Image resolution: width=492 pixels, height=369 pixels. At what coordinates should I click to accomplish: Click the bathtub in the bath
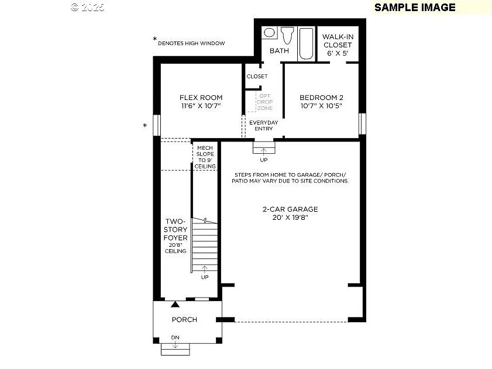[x=307, y=43]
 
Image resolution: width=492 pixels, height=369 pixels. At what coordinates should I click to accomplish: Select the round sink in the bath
[x=270, y=33]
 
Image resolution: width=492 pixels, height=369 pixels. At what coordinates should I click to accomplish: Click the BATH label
[x=279, y=51]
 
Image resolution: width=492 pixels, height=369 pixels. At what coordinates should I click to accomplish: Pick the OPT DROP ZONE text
[x=265, y=102]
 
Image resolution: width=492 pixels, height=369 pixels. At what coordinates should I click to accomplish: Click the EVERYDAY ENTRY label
[x=263, y=126]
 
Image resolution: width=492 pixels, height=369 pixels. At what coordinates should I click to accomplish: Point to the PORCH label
[x=184, y=320]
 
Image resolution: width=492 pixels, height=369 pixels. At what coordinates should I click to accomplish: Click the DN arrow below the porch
[x=175, y=345]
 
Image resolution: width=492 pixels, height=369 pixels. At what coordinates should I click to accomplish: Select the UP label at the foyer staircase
[x=205, y=277]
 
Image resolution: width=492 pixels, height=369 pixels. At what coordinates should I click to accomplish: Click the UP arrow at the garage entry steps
[x=263, y=153]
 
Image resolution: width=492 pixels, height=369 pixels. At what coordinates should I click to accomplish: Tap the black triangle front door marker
[x=175, y=304]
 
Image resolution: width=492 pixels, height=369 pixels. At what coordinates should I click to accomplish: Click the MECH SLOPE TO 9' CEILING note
[x=205, y=157]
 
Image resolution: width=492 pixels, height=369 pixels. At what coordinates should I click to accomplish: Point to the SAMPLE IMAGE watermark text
[x=415, y=7]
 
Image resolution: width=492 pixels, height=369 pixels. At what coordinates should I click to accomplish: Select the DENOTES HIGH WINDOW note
[x=191, y=43]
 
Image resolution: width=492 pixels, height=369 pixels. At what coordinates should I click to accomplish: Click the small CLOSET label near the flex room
[x=257, y=77]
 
